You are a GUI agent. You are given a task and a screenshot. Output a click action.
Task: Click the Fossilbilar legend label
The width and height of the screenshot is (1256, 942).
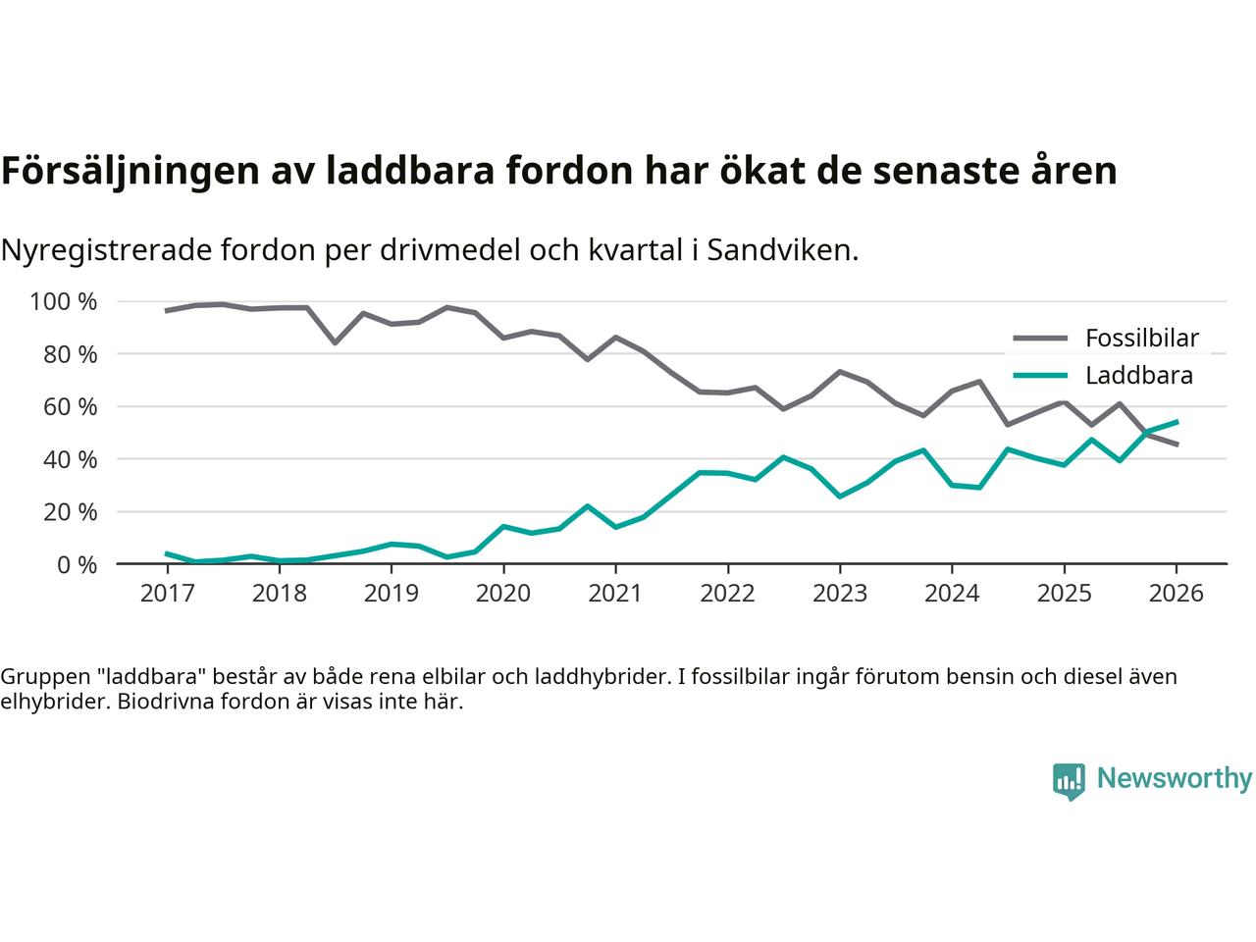click(x=1141, y=339)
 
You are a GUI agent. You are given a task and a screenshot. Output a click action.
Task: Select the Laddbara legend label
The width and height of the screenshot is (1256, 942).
click(x=1138, y=376)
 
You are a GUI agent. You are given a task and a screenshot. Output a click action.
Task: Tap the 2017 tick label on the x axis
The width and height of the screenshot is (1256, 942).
click(x=168, y=594)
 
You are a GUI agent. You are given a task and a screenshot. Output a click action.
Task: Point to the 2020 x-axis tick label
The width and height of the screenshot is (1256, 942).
click(x=503, y=594)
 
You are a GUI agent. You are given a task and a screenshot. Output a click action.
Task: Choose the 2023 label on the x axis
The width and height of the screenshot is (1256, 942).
click(x=840, y=594)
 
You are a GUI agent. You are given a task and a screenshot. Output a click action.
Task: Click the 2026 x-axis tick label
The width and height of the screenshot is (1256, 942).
click(x=1176, y=594)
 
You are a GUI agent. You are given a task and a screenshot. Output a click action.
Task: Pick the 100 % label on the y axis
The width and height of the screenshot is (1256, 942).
click(x=64, y=301)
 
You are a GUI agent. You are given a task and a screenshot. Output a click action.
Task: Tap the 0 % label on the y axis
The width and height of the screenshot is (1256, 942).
click(x=78, y=564)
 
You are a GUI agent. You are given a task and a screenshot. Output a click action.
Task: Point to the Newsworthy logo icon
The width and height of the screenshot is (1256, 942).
click(x=1069, y=781)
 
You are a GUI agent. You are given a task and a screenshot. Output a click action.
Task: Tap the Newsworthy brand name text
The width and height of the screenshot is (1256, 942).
click(x=1174, y=779)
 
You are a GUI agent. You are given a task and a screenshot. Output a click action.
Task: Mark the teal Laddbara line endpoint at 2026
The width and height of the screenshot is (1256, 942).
click(x=1177, y=422)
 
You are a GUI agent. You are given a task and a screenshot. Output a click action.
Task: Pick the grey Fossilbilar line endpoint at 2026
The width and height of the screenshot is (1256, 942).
click(x=1177, y=445)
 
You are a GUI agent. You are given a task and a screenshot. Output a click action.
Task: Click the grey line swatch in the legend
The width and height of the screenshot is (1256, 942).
click(x=1039, y=339)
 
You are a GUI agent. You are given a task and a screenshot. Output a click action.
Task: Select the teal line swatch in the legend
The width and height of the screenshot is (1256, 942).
click(x=1039, y=376)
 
